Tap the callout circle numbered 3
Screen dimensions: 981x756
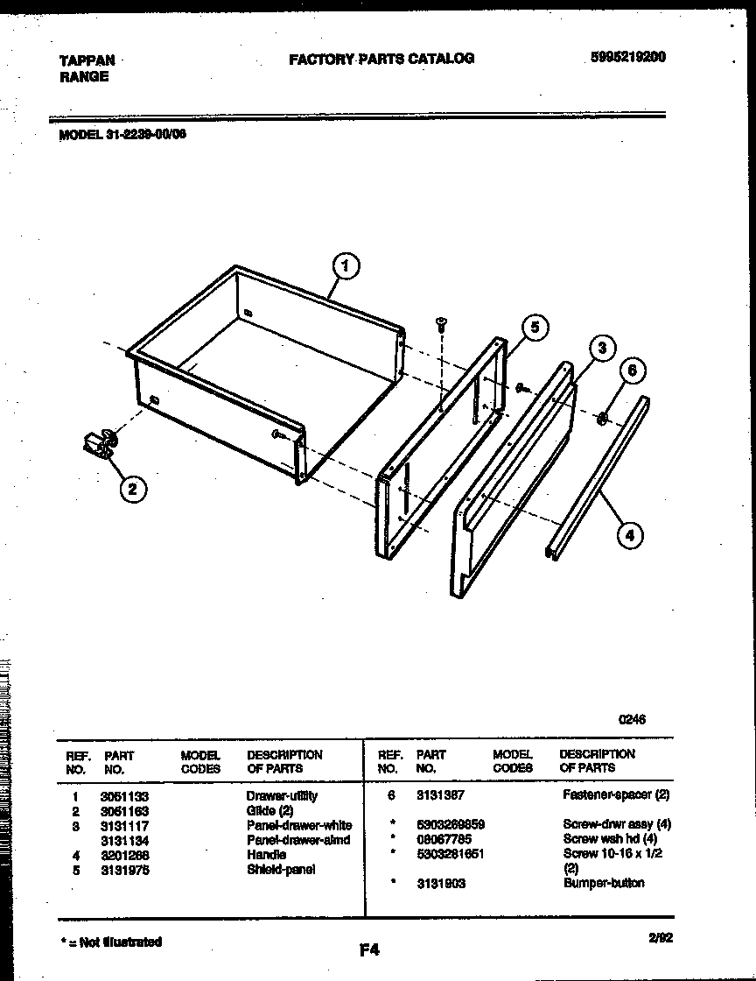(x=599, y=348)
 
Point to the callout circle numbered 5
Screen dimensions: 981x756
(x=535, y=328)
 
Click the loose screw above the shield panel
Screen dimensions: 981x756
(x=441, y=325)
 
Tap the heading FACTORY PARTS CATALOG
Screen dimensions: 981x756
(x=381, y=59)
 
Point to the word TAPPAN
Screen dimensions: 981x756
(x=86, y=60)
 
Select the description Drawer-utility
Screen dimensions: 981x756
(x=282, y=796)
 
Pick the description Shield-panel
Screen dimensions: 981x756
(x=281, y=870)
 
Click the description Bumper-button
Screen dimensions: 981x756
(x=604, y=883)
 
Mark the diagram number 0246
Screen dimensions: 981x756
(x=632, y=720)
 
